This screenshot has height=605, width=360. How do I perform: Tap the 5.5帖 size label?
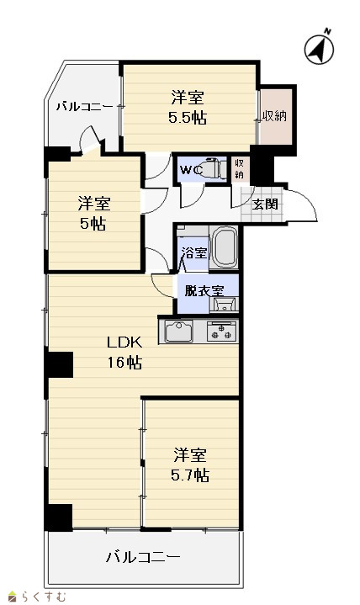[187, 117]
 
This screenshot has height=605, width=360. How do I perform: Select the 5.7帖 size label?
[190, 475]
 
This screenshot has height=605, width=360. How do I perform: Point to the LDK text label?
[124, 342]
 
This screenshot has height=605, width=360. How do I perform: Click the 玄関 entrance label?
[265, 204]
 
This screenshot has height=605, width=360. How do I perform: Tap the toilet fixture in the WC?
[214, 168]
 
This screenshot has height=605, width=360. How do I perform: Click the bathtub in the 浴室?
[225, 247]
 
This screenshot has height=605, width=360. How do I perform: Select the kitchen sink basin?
[179, 332]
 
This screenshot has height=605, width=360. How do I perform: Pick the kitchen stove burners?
[221, 332]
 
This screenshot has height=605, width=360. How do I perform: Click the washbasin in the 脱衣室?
[224, 304]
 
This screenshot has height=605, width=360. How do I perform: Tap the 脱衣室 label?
[204, 291]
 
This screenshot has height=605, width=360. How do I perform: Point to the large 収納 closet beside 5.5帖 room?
[275, 116]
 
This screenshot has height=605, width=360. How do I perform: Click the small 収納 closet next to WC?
[240, 168]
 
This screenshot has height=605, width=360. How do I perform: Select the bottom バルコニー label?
[143, 557]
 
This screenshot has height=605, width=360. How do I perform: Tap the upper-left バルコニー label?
[85, 106]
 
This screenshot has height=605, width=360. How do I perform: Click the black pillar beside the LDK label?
[59, 364]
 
